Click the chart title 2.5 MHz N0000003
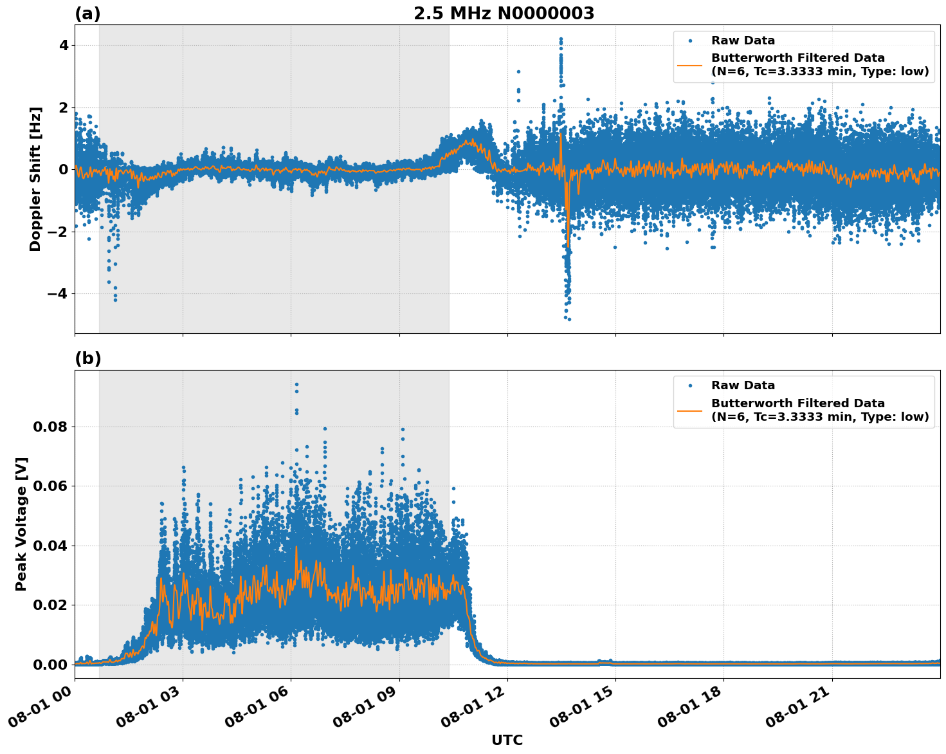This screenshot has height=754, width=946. pos(504,14)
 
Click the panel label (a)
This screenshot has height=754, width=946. pos(87,14)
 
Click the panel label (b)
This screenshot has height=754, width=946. pos(87,358)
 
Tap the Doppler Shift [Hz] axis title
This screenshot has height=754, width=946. pos(35,179)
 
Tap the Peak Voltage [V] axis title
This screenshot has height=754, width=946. pos(21,524)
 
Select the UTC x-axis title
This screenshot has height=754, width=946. pos(507,740)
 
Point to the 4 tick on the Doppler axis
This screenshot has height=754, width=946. pos(64,45)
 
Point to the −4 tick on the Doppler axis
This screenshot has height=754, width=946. pos(59,293)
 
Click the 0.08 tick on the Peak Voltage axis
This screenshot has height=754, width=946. pos(55,427)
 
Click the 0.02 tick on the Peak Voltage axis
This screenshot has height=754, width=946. pos(55,605)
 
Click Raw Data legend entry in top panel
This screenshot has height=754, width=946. pos(743,41)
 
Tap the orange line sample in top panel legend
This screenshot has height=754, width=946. pos(689,64)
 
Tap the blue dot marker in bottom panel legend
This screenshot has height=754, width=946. pos(689,385)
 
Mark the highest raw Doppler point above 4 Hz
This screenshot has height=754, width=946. pos(561,39)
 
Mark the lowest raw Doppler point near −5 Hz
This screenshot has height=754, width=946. pos(569,319)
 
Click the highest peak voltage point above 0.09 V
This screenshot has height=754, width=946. pos(296,384)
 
